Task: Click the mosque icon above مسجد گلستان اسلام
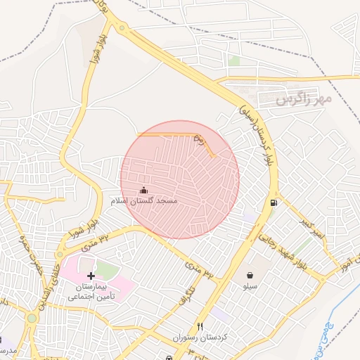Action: (x=144, y=190)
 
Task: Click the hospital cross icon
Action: (x=91, y=276)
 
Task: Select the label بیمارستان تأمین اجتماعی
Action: (x=91, y=292)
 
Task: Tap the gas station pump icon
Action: (x=273, y=203)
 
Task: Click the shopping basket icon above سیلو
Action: (x=250, y=275)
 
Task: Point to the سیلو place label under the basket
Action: (x=250, y=286)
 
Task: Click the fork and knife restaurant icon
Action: (x=200, y=327)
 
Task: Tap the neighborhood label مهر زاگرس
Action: (x=304, y=99)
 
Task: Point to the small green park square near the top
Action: (x=234, y=61)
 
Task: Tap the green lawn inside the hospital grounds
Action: (x=105, y=270)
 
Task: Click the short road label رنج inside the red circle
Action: (x=198, y=141)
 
